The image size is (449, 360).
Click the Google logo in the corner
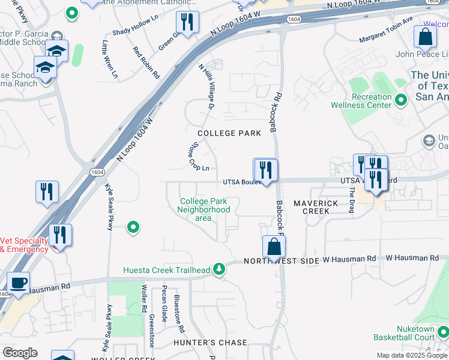click(x=20, y=353)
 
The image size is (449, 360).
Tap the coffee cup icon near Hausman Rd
click(x=18, y=283)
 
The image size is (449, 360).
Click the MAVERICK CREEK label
click(x=312, y=208)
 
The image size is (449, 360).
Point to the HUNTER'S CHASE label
click(x=210, y=343)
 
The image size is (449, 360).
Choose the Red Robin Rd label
click(x=146, y=63)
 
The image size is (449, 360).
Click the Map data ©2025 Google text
click(x=411, y=355)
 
